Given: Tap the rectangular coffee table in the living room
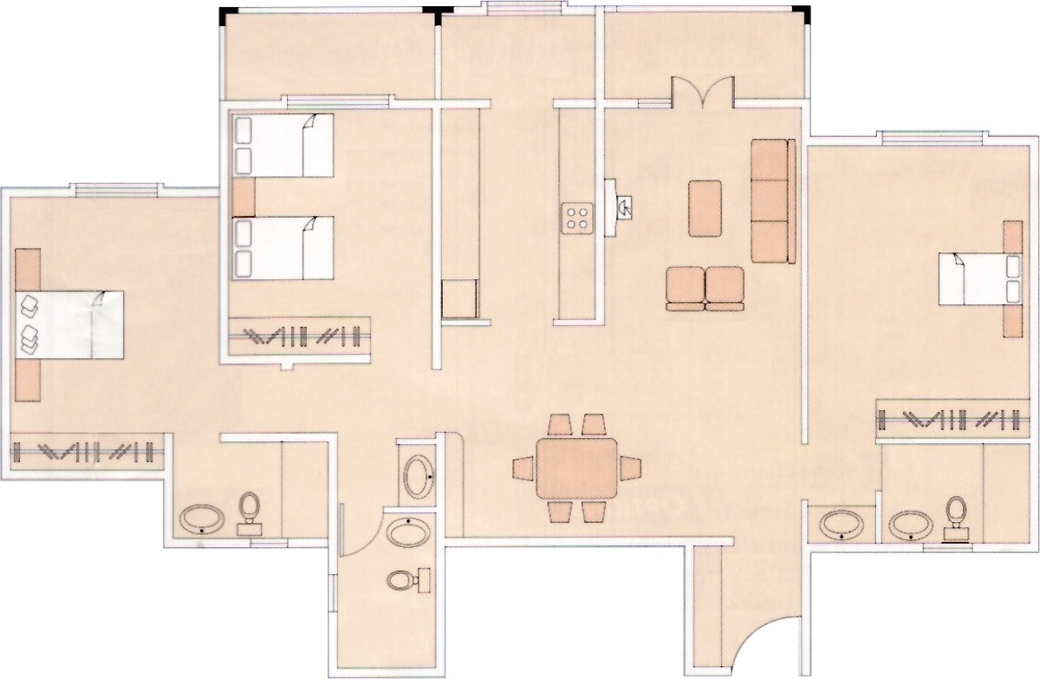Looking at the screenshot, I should coord(705,208).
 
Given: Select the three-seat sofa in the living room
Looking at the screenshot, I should coord(772,200).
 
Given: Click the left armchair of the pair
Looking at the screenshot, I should coord(685,288).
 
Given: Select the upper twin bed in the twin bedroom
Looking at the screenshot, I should coord(283,146).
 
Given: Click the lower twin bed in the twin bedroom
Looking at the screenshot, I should coord(283,248).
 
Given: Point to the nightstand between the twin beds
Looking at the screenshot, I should coord(244,197).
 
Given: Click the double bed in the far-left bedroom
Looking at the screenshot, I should coord(71,324).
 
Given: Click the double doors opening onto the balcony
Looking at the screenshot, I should coord(703,94).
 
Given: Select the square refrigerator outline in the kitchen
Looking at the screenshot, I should coord(458,298).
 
